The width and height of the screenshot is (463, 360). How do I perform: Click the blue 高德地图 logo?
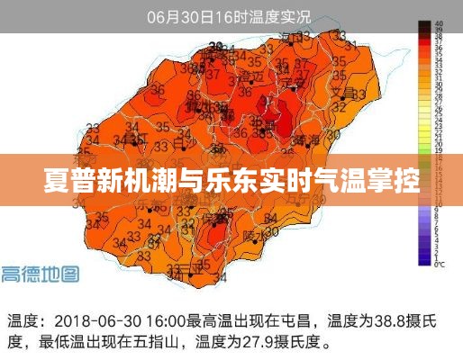click(40, 274)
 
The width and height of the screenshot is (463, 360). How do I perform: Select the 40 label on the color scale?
click(439, 23)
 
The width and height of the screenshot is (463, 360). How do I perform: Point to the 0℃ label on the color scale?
click(439, 265)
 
